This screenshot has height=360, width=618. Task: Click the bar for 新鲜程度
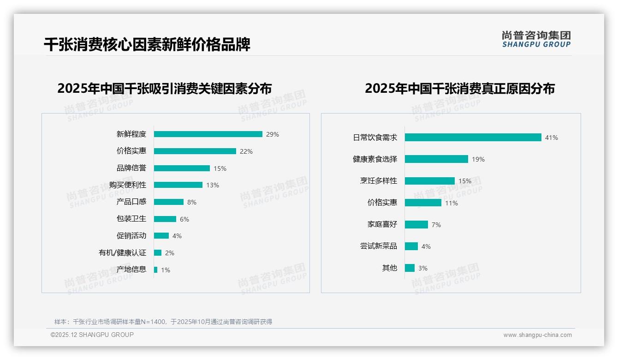(x=208, y=134)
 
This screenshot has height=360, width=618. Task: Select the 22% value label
(x=246, y=151)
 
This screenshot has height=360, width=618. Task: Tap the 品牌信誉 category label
(x=131, y=168)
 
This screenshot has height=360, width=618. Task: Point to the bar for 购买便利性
(x=178, y=185)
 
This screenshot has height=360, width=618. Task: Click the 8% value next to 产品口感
(x=192, y=202)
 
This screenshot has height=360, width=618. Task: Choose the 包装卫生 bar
(x=165, y=219)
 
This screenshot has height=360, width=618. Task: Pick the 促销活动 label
(x=131, y=235)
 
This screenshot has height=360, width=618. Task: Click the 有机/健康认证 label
(x=122, y=252)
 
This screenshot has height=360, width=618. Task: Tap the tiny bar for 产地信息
(x=155, y=270)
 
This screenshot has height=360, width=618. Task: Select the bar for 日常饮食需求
(x=473, y=138)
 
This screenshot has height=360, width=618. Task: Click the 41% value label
(x=551, y=138)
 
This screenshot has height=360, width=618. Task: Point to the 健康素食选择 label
(x=374, y=159)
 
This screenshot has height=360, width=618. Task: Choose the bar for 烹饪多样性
(x=430, y=181)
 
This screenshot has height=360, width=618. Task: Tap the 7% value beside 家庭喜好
(x=436, y=225)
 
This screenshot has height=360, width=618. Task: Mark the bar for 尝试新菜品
(x=411, y=246)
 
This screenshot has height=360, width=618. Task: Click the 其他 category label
(x=389, y=268)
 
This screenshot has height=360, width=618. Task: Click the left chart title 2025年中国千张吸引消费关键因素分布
(x=164, y=88)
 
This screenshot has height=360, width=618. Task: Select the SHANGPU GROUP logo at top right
(x=536, y=39)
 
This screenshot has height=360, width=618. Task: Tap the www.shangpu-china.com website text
(x=537, y=335)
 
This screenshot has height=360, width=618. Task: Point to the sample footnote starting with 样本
(x=163, y=322)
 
